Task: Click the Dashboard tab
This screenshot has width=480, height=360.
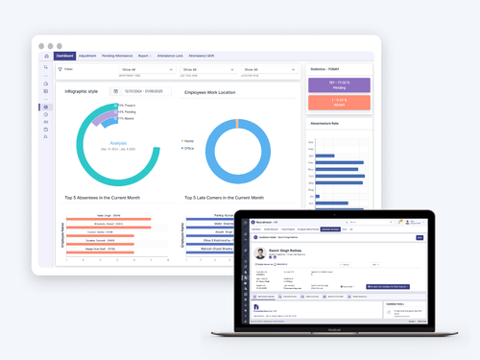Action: tap(65, 56)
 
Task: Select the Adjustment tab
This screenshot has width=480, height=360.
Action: tap(87, 56)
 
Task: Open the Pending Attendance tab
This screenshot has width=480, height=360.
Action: tap(118, 56)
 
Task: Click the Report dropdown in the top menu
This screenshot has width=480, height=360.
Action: tap(144, 56)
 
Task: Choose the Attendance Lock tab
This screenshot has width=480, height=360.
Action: tap(170, 56)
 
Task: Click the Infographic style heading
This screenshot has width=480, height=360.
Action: tap(82, 91)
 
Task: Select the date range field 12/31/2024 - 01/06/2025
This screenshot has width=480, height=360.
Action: tap(139, 91)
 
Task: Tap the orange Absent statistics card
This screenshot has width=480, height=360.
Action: tap(331, 104)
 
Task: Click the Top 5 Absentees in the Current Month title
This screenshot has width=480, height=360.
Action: tap(103, 198)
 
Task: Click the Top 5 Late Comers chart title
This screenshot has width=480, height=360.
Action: tap(230, 198)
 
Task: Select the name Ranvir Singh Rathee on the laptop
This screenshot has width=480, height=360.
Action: tap(285, 249)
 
